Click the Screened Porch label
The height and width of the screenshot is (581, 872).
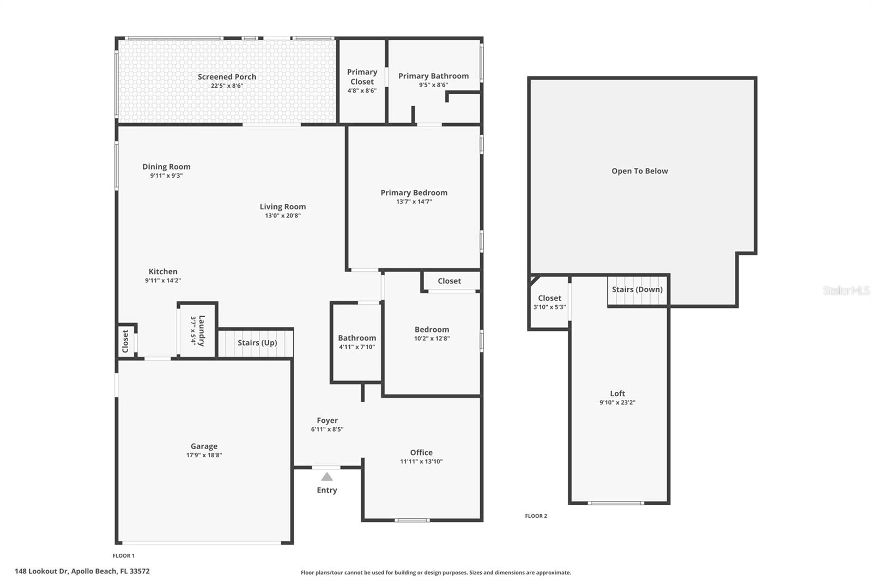tap(227, 77)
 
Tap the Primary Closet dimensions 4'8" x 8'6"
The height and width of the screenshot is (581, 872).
tap(362, 90)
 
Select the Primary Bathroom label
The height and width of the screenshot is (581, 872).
tap(433, 76)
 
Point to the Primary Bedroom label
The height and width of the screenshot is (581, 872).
tap(414, 192)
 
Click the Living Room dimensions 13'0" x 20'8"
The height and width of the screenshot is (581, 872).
tap(282, 216)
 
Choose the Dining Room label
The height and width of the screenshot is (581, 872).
tap(166, 167)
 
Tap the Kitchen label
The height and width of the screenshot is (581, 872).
tap(163, 271)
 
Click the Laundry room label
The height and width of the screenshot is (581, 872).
tap(202, 330)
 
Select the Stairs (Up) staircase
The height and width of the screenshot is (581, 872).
tap(256, 343)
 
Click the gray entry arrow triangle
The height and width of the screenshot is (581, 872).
tap(326, 477)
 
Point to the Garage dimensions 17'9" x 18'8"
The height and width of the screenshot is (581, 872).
tap(204, 456)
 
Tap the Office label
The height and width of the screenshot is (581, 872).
tap(421, 452)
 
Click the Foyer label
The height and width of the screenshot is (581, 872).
tap(327, 420)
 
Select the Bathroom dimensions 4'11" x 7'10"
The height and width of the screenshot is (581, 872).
tap(357, 347)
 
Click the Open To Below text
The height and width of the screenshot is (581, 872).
tap(639, 171)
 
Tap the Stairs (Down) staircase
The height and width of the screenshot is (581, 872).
tap(637, 290)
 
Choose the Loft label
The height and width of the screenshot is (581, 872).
tap(617, 394)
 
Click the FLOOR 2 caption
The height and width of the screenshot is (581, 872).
tap(536, 516)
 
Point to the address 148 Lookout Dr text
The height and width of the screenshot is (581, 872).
tap(82, 571)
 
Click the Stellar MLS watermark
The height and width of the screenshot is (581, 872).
tap(846, 290)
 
